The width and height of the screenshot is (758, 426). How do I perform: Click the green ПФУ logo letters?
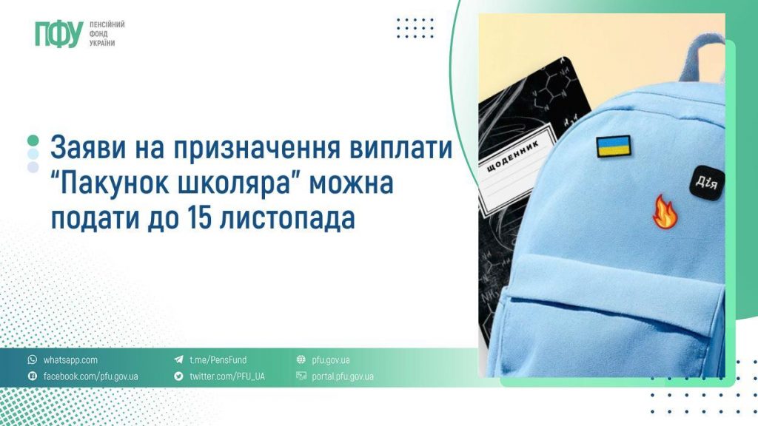(x=58, y=34)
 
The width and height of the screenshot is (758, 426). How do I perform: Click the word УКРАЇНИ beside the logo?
(x=103, y=44)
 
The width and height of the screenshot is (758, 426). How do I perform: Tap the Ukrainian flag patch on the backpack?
(x=614, y=146)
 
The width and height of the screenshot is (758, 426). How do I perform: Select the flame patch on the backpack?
(x=663, y=212)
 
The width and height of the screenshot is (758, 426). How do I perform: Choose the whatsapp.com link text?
(x=70, y=360)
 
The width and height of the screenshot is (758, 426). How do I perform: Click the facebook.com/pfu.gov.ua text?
(x=90, y=376)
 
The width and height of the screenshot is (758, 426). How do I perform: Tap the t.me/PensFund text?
(x=218, y=360)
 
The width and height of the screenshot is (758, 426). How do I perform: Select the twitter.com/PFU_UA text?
(x=227, y=376)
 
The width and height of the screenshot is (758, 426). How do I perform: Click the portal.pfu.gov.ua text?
(x=343, y=376)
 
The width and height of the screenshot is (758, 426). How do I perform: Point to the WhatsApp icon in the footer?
(x=32, y=360)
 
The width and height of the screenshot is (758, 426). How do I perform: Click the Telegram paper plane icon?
(x=178, y=360)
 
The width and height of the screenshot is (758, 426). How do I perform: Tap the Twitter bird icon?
(x=178, y=376)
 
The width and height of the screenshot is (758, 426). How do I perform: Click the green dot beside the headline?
(x=33, y=141)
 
